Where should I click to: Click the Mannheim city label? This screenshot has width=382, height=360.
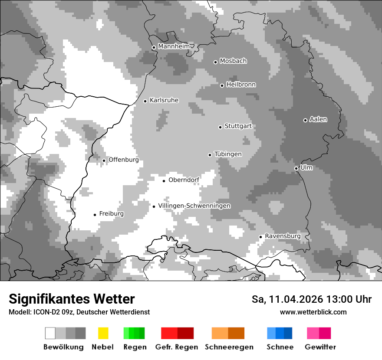click(x=174, y=46)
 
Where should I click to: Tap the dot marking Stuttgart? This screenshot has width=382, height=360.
click(x=220, y=127)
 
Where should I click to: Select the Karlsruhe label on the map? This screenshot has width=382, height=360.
click(x=164, y=100)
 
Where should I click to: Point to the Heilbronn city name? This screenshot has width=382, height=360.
click(x=241, y=85)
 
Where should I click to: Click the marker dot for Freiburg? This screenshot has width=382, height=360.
click(x=95, y=215)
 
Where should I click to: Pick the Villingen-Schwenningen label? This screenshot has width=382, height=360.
click(x=194, y=206)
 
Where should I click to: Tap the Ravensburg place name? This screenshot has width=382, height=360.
click(x=283, y=236)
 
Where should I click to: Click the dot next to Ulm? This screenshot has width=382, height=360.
click(x=296, y=168)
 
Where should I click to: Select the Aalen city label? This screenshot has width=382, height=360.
click(x=318, y=119)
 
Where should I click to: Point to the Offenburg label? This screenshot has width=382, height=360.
click(x=123, y=160)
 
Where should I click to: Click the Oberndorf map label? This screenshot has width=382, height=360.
click(x=184, y=180)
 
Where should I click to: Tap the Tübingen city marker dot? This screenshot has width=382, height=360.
click(x=210, y=155)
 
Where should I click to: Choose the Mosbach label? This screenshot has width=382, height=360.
click(x=233, y=61)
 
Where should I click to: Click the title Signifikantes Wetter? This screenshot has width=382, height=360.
click(x=72, y=299)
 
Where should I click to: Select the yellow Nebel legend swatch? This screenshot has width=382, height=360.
click(x=103, y=333)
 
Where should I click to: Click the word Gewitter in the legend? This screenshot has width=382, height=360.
click(x=320, y=347)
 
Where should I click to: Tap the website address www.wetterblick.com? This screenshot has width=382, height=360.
click(x=313, y=312)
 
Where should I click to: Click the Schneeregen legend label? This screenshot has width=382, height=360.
click(x=229, y=347)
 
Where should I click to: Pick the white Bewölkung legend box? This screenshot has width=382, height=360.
click(x=50, y=333)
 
